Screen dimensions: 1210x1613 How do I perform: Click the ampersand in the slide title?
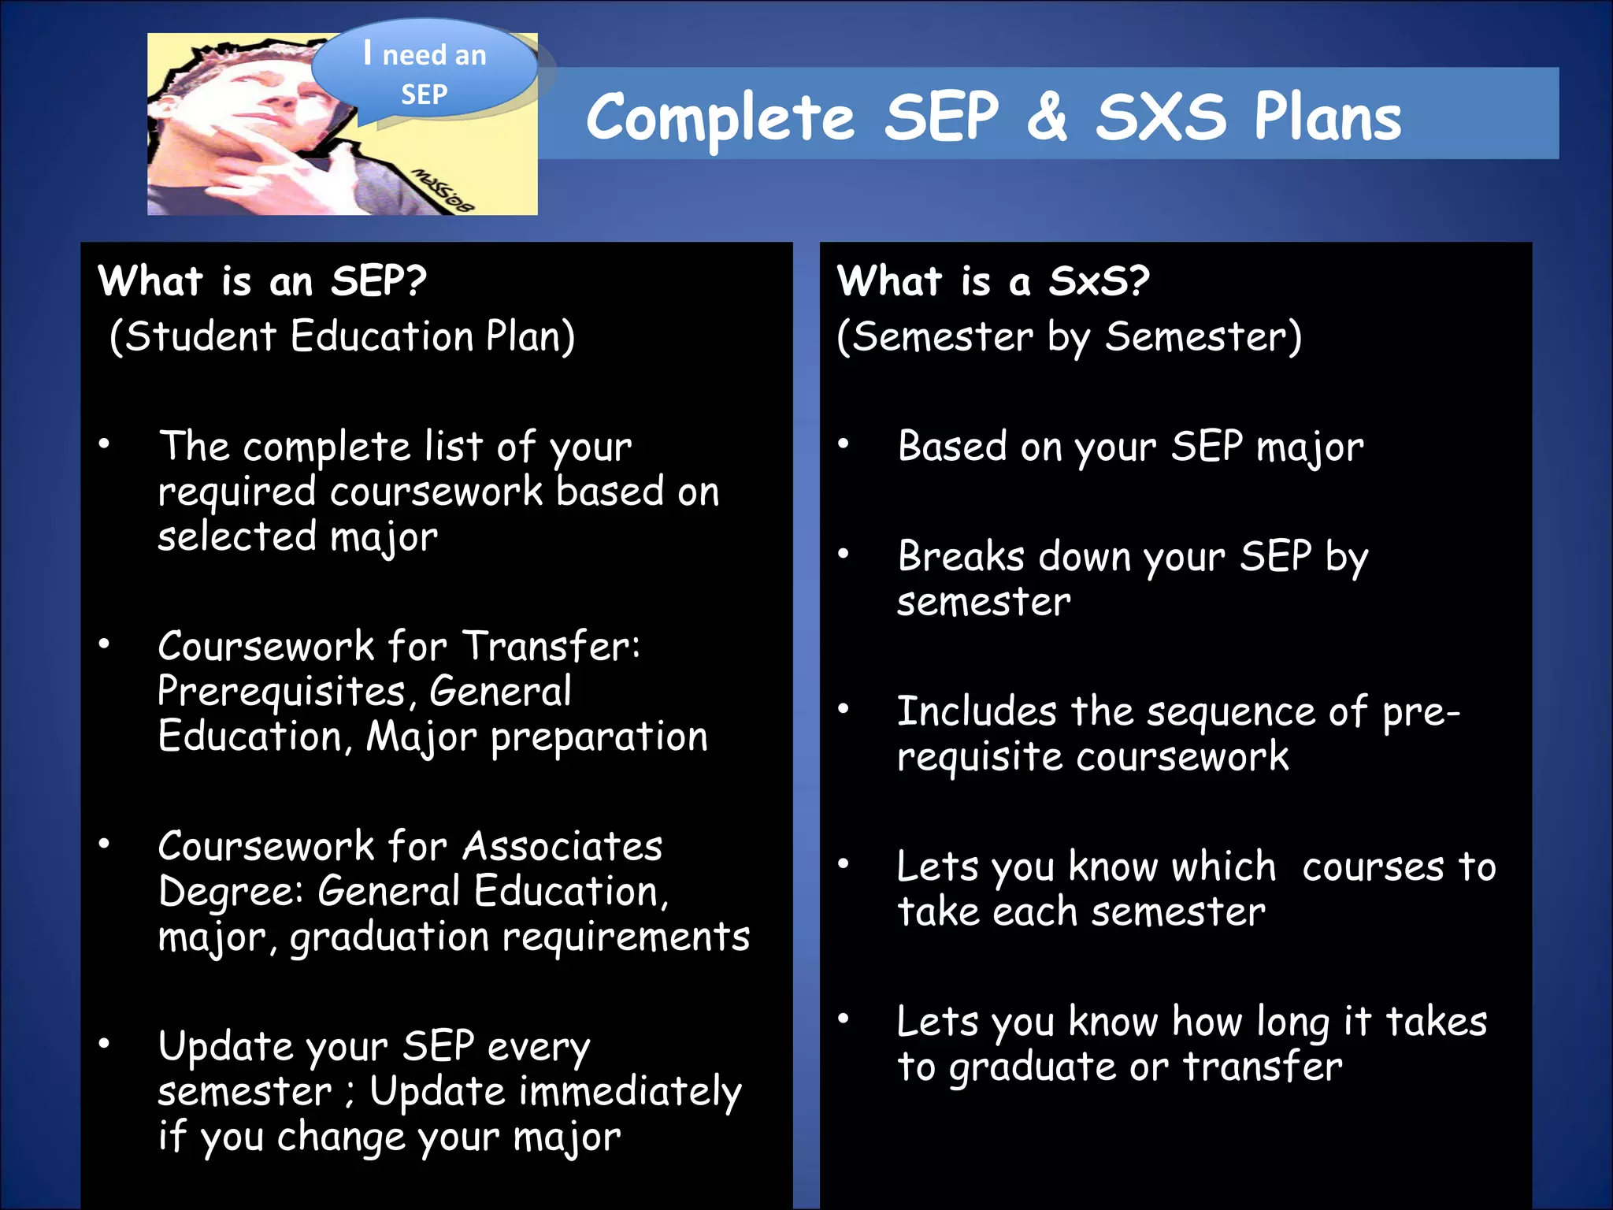coord(1047,118)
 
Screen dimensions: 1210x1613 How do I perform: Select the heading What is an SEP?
coord(261,281)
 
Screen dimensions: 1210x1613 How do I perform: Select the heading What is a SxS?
coord(992,281)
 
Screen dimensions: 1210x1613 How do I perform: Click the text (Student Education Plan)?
coord(342,337)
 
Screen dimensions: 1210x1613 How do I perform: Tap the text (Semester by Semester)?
coord(1069,337)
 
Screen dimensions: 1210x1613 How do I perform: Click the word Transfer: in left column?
coord(551,646)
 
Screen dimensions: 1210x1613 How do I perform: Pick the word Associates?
coord(562,847)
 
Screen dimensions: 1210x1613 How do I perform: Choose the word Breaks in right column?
coord(961,557)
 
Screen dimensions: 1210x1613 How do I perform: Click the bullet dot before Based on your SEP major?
coord(844,444)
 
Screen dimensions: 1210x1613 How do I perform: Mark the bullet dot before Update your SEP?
coord(104,1044)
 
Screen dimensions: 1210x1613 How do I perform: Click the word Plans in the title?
coord(1328,118)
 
